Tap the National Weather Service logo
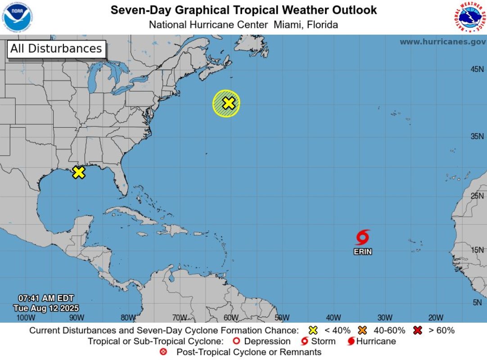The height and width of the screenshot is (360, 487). (469, 17)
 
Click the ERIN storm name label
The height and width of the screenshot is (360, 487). (363, 252)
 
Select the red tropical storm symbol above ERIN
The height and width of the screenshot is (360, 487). (363, 237)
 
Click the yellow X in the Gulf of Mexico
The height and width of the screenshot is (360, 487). (79, 172)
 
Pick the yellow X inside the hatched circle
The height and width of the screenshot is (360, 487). (229, 103)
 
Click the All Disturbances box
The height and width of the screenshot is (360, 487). (56, 49)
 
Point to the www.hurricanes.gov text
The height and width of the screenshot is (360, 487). (442, 42)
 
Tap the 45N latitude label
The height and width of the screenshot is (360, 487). (477, 69)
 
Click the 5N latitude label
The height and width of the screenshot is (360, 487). (477, 302)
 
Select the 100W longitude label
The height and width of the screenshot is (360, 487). (26, 317)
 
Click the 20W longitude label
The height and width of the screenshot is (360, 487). (436, 317)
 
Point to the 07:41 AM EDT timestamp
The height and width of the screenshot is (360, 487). (46, 298)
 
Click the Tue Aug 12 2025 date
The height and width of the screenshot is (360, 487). (46, 308)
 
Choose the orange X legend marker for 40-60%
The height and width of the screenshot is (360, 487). (363, 330)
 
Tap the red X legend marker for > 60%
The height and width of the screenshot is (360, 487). (418, 330)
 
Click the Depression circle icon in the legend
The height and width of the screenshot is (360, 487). (236, 341)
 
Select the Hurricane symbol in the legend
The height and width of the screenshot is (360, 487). (351, 341)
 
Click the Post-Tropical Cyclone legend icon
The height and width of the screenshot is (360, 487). (163, 352)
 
